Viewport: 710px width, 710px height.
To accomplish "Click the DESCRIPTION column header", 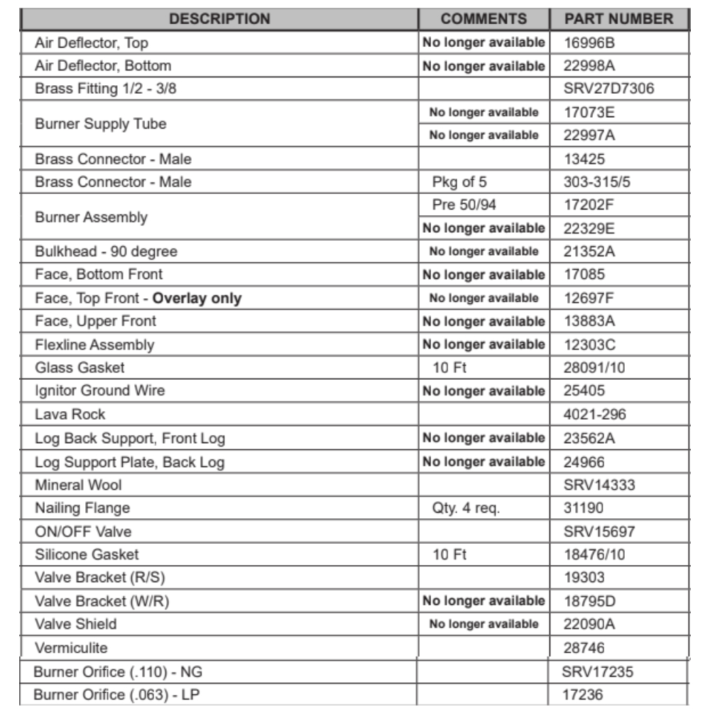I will click(x=219, y=18).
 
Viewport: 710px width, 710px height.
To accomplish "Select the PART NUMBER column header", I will click(x=618, y=18).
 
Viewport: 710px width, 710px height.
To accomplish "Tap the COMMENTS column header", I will click(x=484, y=18).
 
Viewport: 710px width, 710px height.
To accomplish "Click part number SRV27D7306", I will click(x=608, y=89).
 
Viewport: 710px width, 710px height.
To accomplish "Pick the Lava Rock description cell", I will click(x=70, y=414).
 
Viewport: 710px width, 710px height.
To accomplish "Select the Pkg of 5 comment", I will click(x=459, y=182).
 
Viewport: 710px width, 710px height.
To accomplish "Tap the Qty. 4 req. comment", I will click(x=466, y=508).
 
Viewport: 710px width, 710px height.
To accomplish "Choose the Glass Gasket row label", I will click(x=80, y=367).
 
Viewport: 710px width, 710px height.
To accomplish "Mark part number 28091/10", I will click(x=594, y=367).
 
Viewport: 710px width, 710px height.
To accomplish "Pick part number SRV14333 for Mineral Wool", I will click(x=599, y=485).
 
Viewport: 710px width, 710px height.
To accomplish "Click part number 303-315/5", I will click(x=597, y=182).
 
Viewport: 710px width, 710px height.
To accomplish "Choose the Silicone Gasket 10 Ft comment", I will click(x=449, y=554).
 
